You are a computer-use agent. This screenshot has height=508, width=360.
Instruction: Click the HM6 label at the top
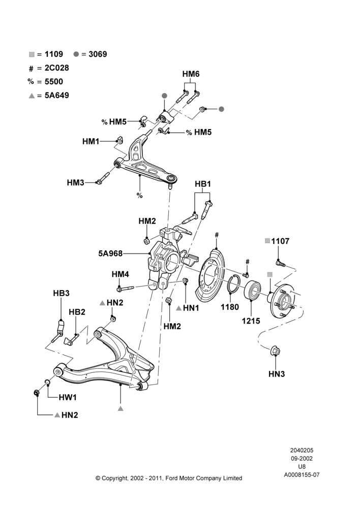tap(191, 74)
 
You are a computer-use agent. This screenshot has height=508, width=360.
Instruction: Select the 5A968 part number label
tap(111, 253)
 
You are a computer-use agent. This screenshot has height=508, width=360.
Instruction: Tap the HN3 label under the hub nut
tap(277, 374)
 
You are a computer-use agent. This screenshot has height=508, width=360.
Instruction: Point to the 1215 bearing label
tap(251, 321)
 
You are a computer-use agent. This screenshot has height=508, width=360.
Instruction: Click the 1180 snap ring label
tap(230, 307)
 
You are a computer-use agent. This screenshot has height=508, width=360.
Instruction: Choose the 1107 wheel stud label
tap(280, 241)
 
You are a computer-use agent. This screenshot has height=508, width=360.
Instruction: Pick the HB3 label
tap(62, 293)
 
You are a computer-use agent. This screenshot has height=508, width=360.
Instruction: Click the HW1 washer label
tap(68, 397)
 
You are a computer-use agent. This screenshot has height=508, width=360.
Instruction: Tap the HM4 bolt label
tap(121, 274)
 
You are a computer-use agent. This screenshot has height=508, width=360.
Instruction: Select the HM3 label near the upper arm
tap(76, 182)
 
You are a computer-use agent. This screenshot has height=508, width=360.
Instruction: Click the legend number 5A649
tap(57, 96)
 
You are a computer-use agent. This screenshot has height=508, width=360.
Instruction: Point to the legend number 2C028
tap(57, 68)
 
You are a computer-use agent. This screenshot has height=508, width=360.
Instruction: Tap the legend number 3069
tap(98, 54)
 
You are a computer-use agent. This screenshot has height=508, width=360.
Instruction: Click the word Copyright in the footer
tap(115, 478)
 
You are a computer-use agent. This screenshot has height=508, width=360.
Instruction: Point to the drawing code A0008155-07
tap(302, 475)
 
